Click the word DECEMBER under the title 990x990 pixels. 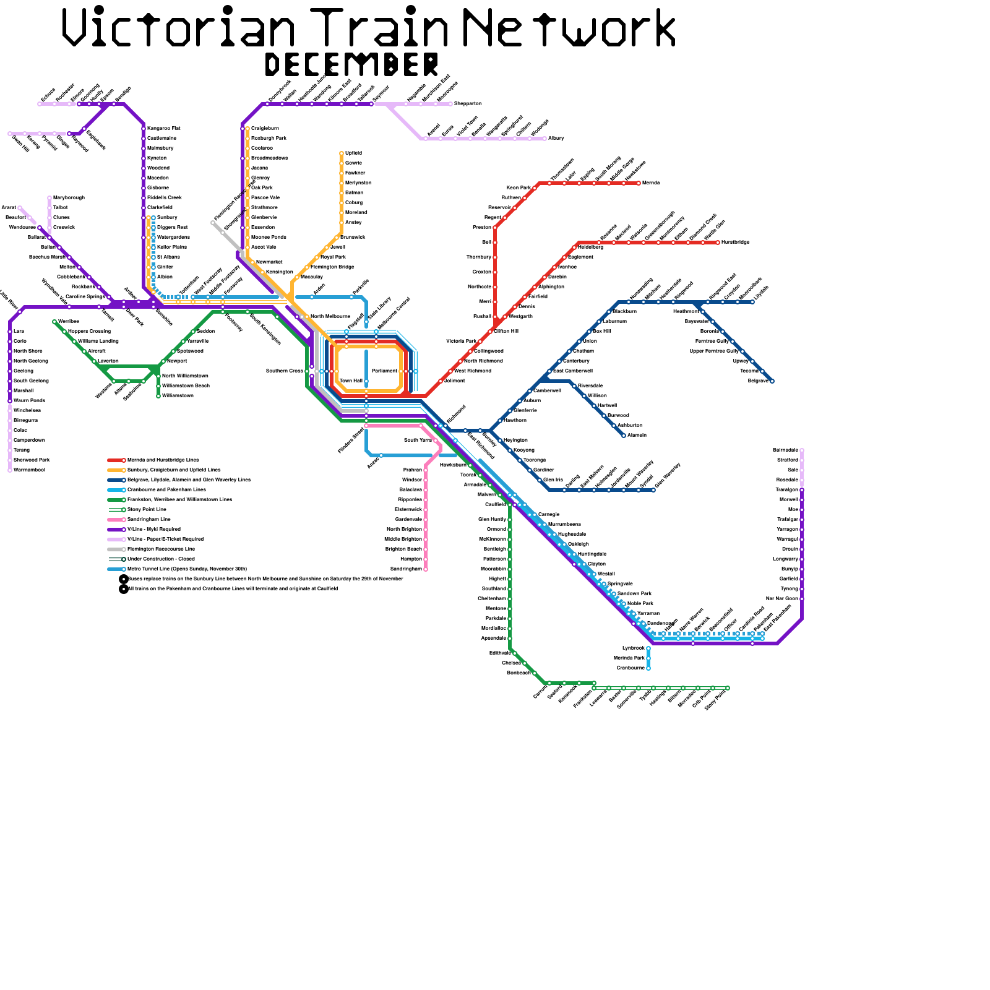click(x=351, y=64)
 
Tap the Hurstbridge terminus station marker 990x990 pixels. click(x=718, y=243)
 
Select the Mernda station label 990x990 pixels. click(x=651, y=183)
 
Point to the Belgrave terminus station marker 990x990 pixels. click(x=772, y=381)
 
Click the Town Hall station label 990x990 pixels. click(x=351, y=381)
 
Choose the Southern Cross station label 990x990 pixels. click(x=284, y=371)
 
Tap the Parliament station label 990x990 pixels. click(x=384, y=371)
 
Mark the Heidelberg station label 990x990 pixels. click(x=590, y=247)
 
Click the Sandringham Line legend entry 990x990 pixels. click(x=148, y=520)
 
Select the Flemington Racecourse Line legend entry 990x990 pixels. click(x=161, y=549)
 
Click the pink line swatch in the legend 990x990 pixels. click(x=116, y=520)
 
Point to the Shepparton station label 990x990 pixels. click(x=468, y=104)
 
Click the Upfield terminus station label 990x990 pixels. click(x=353, y=153)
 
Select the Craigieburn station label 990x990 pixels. click(x=265, y=129)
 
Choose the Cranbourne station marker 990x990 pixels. click(x=648, y=668)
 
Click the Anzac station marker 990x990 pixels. click(x=381, y=455)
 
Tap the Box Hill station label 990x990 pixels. click(x=601, y=332)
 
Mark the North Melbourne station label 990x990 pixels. click(x=330, y=317)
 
